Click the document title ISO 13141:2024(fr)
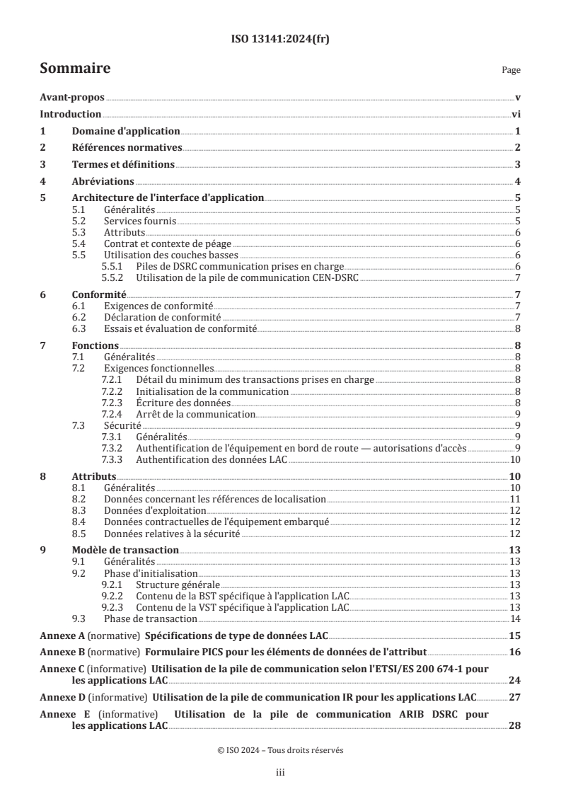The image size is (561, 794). [x=280, y=40]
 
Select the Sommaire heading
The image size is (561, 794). [x=75, y=69]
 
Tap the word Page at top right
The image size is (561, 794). [x=511, y=70]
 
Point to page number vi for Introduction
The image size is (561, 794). [x=516, y=115]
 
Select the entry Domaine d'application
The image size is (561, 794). [x=126, y=131]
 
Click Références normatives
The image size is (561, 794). [x=127, y=148]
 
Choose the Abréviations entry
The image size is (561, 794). [x=103, y=181]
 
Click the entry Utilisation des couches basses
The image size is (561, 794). [x=170, y=255]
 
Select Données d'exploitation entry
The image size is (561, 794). [x=155, y=510]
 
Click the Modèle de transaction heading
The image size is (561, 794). [x=125, y=550]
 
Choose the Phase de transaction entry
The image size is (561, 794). [x=145, y=618]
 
